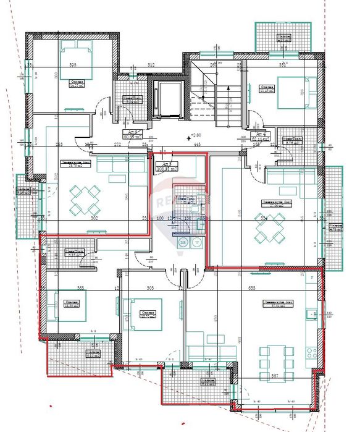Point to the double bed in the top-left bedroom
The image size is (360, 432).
(76, 57)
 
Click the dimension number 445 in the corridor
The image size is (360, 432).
(197, 145)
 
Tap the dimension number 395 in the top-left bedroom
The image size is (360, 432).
(72, 66)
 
